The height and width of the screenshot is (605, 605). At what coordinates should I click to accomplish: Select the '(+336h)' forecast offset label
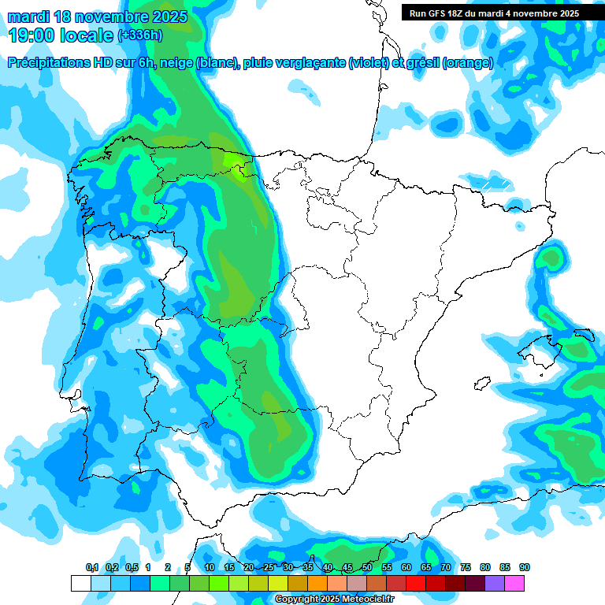tap(139, 35)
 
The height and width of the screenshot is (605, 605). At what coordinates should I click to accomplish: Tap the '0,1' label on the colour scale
tap(91, 567)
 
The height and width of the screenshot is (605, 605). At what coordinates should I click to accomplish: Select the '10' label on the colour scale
tap(210, 567)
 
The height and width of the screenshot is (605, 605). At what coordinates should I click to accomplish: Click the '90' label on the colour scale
tap(525, 567)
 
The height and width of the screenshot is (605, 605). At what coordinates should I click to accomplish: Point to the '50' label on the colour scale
tap(367, 567)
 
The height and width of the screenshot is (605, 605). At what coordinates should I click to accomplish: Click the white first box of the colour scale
tap(80, 583)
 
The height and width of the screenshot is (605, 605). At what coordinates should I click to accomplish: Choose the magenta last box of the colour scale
tap(514, 583)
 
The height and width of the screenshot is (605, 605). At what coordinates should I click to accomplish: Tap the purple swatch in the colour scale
tap(495, 583)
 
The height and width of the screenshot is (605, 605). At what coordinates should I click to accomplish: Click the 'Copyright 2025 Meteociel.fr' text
tap(334, 599)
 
